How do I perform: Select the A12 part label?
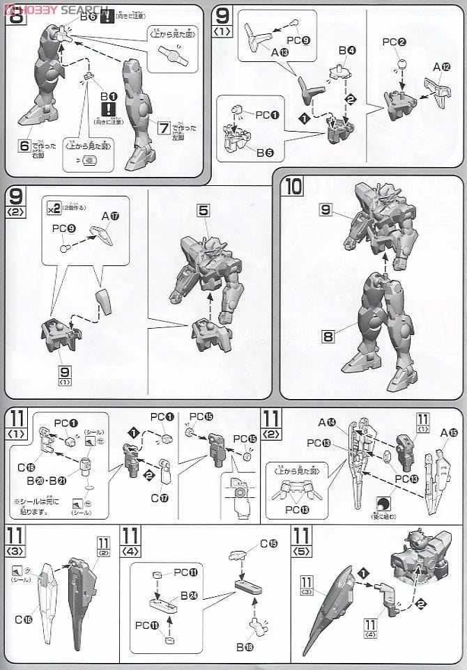441,67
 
